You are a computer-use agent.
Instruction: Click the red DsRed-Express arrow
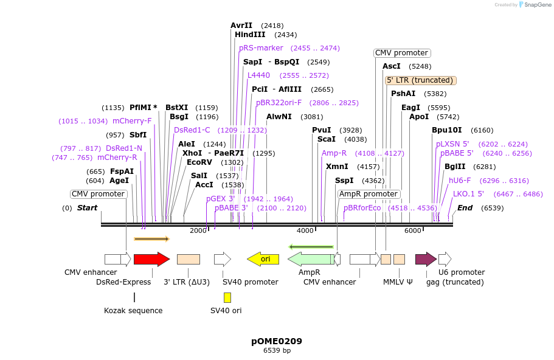click(x=151, y=259)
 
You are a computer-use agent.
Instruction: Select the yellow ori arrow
click(x=263, y=259)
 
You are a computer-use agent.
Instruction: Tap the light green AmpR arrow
click(x=310, y=259)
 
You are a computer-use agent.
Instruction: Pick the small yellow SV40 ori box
click(x=227, y=297)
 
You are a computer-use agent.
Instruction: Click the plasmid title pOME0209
click(x=277, y=341)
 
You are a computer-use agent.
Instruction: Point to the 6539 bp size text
click(x=277, y=351)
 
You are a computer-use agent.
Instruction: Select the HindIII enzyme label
click(x=250, y=35)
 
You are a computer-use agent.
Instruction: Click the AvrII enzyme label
click(x=241, y=26)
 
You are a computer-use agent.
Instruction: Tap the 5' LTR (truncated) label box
click(x=421, y=80)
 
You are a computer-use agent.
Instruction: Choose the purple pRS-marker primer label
click(x=261, y=48)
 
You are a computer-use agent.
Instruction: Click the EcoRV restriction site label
click(x=199, y=162)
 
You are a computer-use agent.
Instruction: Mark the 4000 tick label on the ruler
click(x=305, y=230)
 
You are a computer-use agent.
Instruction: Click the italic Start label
click(x=87, y=208)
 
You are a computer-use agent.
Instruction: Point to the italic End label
click(x=465, y=208)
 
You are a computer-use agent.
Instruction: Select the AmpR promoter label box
click(x=369, y=194)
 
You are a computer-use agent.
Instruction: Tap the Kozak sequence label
click(x=133, y=311)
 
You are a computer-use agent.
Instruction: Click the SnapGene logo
click(x=533, y=5)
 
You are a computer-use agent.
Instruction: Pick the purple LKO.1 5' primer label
click(x=468, y=194)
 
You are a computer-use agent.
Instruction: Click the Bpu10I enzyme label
click(x=446, y=130)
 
